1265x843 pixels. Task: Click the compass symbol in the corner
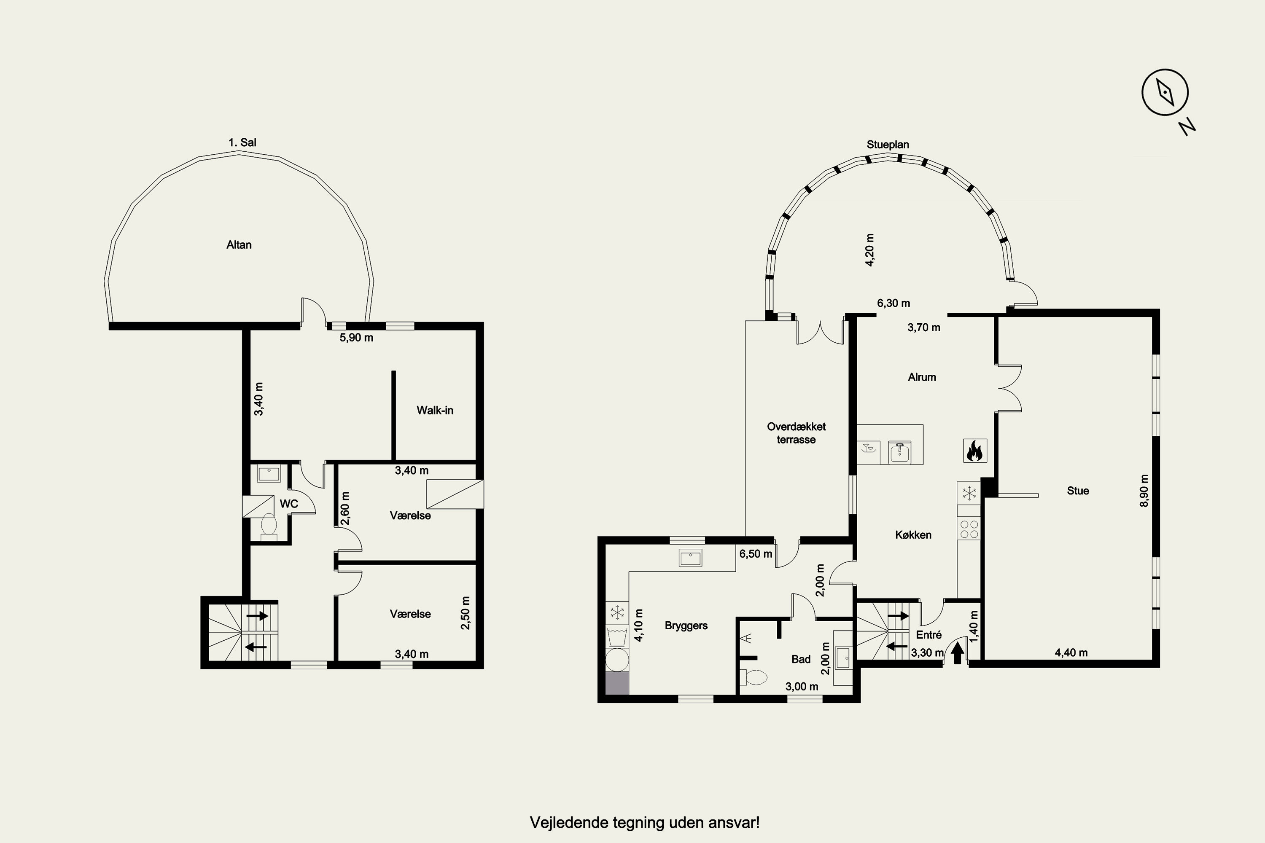(1165, 92)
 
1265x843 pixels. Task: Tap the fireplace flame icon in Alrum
(974, 451)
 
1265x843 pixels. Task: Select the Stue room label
(1078, 490)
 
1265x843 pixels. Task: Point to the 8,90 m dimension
(1144, 490)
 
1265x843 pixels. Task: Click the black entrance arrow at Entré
(957, 654)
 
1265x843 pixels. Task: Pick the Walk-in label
(435, 410)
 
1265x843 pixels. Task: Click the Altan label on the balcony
(239, 244)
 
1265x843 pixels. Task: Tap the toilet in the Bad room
(753, 677)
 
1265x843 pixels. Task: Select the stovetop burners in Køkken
(969, 529)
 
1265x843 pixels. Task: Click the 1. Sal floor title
(242, 142)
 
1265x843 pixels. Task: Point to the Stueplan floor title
(888, 145)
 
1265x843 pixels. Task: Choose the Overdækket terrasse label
(796, 433)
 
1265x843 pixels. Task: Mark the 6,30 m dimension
(894, 303)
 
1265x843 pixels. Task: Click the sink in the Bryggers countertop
(690, 558)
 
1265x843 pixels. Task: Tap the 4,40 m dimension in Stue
(1071, 652)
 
